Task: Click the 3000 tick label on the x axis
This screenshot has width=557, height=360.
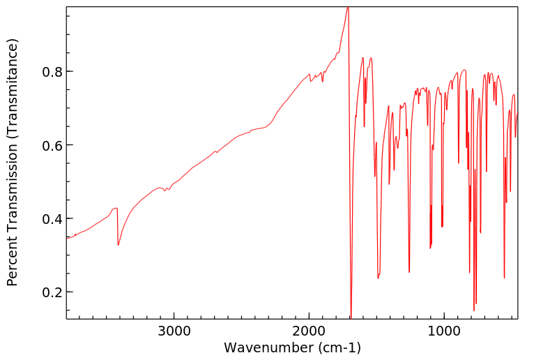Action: tap(174, 331)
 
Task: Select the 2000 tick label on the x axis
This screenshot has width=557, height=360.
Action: tap(310, 331)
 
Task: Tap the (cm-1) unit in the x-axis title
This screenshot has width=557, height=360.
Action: tap(337, 347)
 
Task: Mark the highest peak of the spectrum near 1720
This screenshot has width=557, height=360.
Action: tap(347, 8)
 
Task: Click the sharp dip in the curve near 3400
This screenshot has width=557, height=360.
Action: tap(118, 245)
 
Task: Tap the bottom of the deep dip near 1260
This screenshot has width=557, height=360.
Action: tap(409, 272)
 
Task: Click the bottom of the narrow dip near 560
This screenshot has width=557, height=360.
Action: tap(504, 278)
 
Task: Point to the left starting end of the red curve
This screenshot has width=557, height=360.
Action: tap(68, 238)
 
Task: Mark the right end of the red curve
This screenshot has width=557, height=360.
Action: tap(517, 112)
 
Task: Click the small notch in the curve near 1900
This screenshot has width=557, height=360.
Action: tap(322, 82)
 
